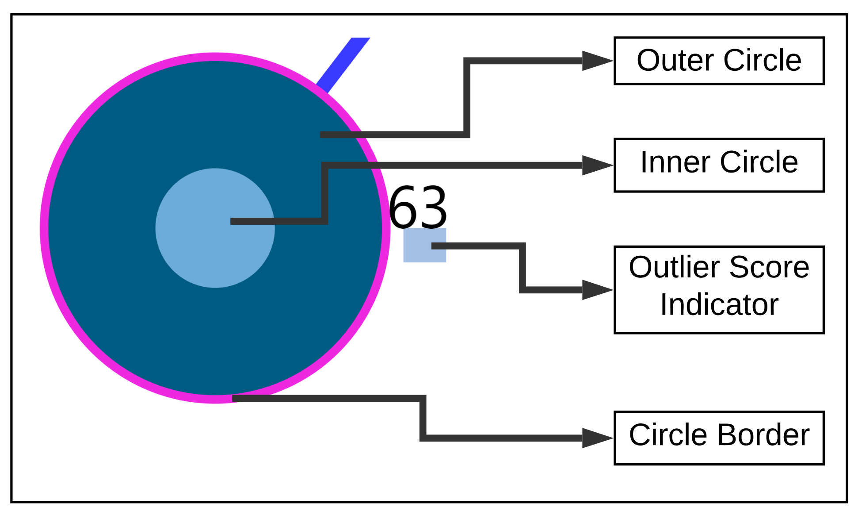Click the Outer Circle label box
pyautogui.click(x=719, y=61)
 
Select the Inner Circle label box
pyautogui.click(x=719, y=165)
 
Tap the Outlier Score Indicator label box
pyautogui.click(x=719, y=289)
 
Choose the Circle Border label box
pyautogui.click(x=719, y=438)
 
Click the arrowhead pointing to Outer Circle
pyautogui.click(x=597, y=61)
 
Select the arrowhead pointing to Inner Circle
pyautogui.click(x=597, y=165)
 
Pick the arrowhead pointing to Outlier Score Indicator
pyautogui.click(x=597, y=289)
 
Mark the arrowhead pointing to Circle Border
pyautogui.click(x=597, y=438)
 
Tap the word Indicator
pyautogui.click(x=719, y=305)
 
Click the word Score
pyautogui.click(x=769, y=268)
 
